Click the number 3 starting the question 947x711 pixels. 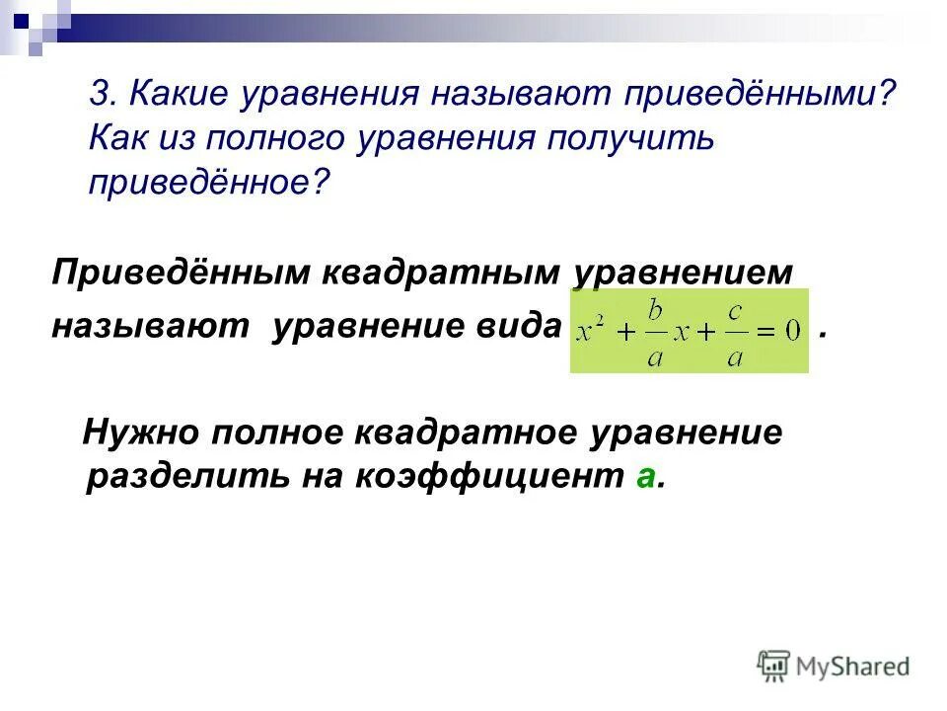click(x=99, y=94)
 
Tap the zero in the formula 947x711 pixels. click(x=791, y=332)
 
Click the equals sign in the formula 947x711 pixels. click(x=765, y=332)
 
